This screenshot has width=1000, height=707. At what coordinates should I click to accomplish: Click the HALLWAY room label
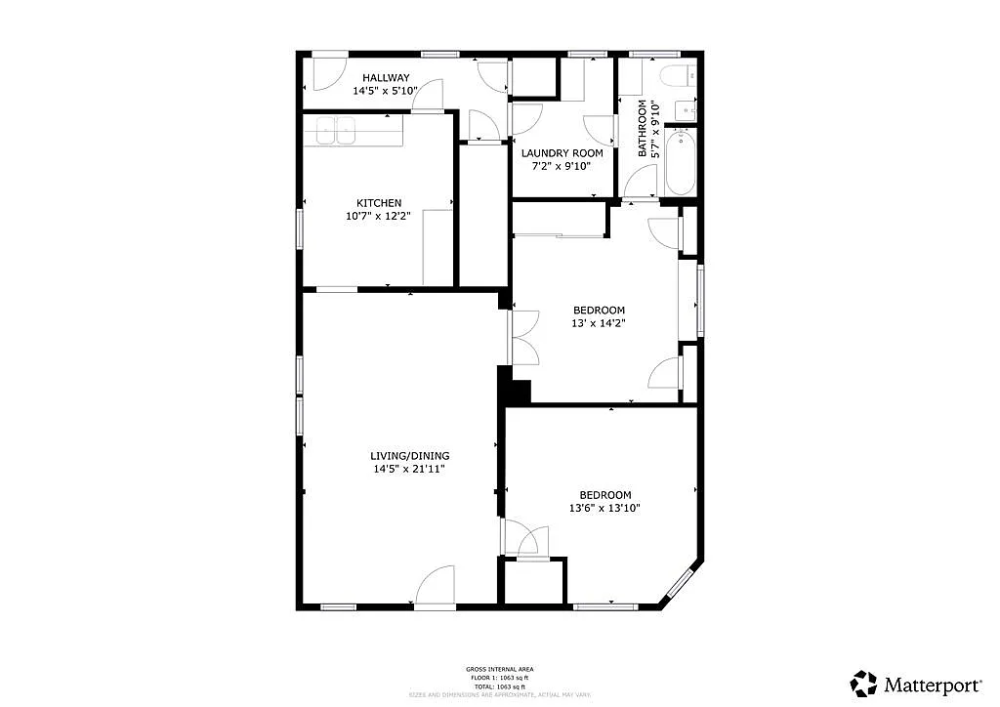tap(386, 78)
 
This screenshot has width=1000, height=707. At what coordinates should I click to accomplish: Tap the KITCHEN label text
tap(379, 203)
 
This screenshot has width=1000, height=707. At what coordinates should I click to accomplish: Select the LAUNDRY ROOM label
tap(562, 153)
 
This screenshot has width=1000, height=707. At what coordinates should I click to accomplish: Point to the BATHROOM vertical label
tap(644, 128)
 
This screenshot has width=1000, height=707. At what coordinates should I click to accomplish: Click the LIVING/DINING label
tap(410, 456)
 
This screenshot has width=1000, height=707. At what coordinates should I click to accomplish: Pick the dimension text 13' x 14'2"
tap(599, 323)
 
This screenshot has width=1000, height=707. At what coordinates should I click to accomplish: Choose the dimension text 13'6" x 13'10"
tap(605, 508)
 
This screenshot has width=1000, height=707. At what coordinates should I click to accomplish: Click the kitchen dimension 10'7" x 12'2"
tap(379, 217)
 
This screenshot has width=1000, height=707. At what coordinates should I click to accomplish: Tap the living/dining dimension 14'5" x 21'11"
tap(410, 470)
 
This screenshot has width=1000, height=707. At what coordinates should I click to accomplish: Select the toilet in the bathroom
tap(677, 75)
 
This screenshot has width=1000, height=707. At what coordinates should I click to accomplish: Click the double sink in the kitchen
tap(336, 131)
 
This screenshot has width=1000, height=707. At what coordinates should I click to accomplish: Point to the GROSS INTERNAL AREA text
tap(499, 669)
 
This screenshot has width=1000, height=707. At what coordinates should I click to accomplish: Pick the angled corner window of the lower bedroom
tap(680, 583)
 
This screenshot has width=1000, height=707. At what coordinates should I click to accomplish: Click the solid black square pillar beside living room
tap(515, 390)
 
